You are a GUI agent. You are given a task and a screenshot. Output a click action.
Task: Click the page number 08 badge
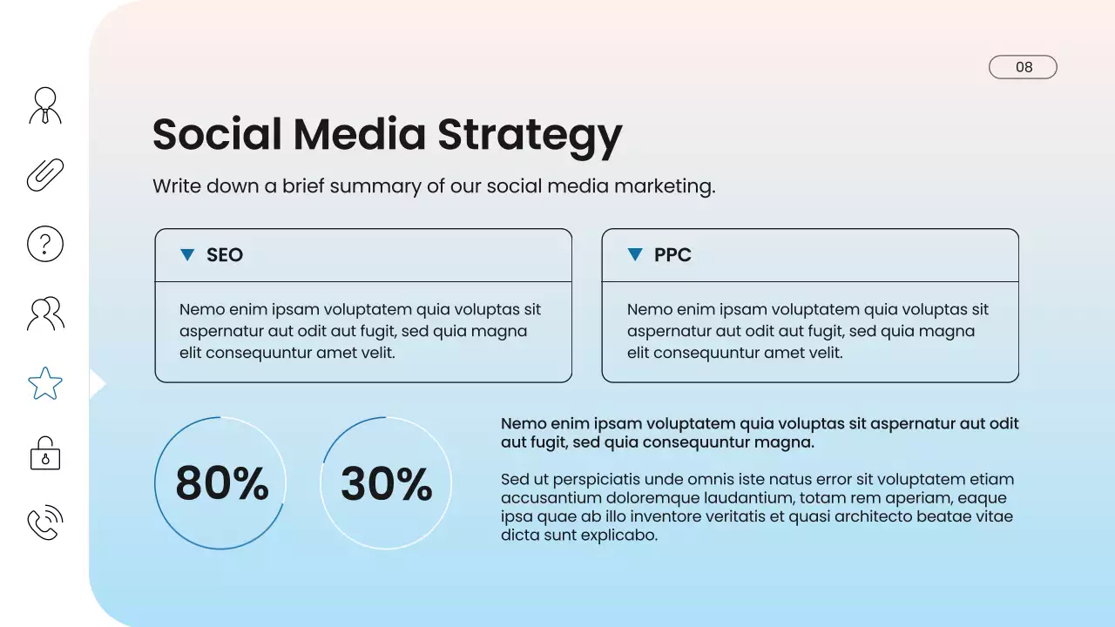pyautogui.click(x=1023, y=67)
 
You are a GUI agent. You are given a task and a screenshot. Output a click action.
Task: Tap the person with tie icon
pyautogui.click(x=45, y=105)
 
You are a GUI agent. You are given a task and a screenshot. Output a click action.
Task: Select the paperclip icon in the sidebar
pyautogui.click(x=45, y=174)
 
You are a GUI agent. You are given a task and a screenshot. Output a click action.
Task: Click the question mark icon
pyautogui.click(x=45, y=244)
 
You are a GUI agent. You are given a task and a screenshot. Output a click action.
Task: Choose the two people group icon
pyautogui.click(x=45, y=313)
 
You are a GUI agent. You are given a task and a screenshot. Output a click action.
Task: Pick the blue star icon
pyautogui.click(x=45, y=383)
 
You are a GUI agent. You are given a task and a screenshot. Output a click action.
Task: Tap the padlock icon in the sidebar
pyautogui.click(x=45, y=453)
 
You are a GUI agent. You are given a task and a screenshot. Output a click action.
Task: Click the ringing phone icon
pyautogui.click(x=45, y=522)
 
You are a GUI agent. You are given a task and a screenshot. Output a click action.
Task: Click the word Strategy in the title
pyautogui.click(x=530, y=136)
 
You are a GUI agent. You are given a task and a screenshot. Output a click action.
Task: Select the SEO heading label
pyautogui.click(x=225, y=255)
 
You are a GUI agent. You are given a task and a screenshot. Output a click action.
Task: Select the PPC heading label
pyautogui.click(x=672, y=255)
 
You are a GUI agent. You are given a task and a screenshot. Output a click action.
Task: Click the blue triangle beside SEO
pyautogui.click(x=186, y=254)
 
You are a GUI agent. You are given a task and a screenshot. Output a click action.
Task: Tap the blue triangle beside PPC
pyautogui.click(x=635, y=254)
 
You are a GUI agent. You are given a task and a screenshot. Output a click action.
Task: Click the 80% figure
pyautogui.click(x=221, y=484)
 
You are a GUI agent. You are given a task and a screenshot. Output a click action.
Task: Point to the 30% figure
pyautogui.click(x=386, y=484)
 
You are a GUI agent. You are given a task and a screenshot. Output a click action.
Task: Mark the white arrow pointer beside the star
pyautogui.click(x=97, y=383)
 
